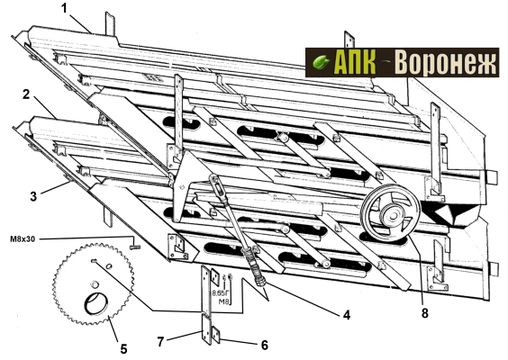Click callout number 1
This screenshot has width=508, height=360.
tap(65, 8)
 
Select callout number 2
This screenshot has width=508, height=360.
tap(26, 94)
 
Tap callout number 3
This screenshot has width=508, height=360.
tap(33, 196)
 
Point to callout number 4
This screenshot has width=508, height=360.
tap(347, 314)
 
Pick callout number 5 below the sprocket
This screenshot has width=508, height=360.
tap(123, 349)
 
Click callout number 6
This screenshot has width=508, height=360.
tap(265, 345)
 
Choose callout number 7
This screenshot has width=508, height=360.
tap(160, 342)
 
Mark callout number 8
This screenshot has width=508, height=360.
tap(425, 313)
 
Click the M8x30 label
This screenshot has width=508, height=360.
tap(23, 239)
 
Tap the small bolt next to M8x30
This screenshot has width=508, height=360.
tap(135, 247)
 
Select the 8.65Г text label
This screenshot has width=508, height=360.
tap(221, 293)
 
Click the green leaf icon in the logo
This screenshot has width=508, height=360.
tap(321, 62)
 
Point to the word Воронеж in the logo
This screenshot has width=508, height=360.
tap(447, 62)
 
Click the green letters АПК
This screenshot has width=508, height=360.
tap(355, 62)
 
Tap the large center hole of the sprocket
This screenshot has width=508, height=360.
tap(95, 304)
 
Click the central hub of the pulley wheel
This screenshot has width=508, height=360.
tap(392, 214)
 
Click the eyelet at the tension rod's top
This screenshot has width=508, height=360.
tap(214, 179)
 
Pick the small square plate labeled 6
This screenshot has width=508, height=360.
tap(215, 335)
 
